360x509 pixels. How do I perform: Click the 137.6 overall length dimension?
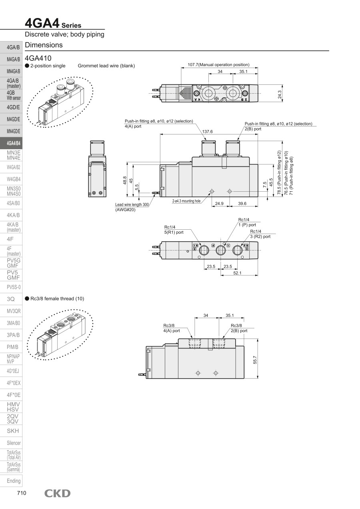pyautogui.click(x=207, y=132)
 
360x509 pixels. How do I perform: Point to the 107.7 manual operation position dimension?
pyautogui.click(x=218, y=65)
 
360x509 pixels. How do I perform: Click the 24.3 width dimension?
pyautogui.click(x=279, y=94)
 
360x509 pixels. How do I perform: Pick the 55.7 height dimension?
pyautogui.click(x=255, y=360)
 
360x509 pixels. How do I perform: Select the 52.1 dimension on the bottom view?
pyautogui.click(x=237, y=273)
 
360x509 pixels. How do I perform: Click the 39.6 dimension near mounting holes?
pyautogui.click(x=242, y=203)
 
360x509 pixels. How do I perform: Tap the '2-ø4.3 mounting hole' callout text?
pyautogui.click(x=186, y=201)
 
